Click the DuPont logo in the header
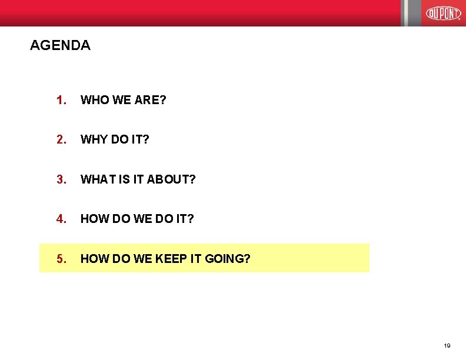(x=443, y=13)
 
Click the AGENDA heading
(x=60, y=45)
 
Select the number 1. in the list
(x=61, y=100)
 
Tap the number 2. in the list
(x=61, y=139)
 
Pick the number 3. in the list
(x=61, y=179)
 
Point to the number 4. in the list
(x=61, y=218)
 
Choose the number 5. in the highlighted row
(x=61, y=258)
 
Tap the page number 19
(x=447, y=346)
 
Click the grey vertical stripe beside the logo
(x=411, y=13)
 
